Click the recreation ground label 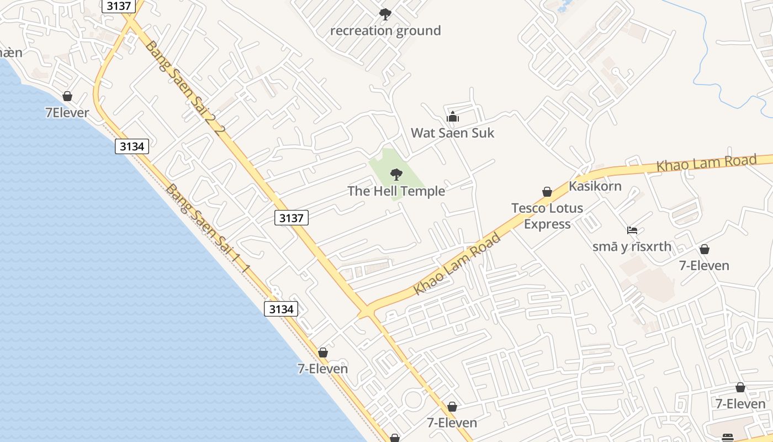pyautogui.click(x=385, y=31)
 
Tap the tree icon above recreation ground pyautogui.click(x=385, y=14)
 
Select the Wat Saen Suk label pyautogui.click(x=453, y=133)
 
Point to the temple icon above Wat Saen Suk pyautogui.click(x=453, y=117)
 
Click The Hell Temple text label pyautogui.click(x=396, y=191)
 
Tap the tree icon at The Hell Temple pyautogui.click(x=396, y=175)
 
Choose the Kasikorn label pyautogui.click(x=595, y=186)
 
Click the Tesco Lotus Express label pyautogui.click(x=547, y=216)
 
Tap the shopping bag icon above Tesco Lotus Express pyautogui.click(x=547, y=192)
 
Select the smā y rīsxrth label pyautogui.click(x=632, y=246)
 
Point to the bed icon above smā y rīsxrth pyautogui.click(x=632, y=230)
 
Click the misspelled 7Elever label pyautogui.click(x=67, y=113)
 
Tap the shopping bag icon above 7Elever pyautogui.click(x=67, y=97)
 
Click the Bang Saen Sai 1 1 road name pyautogui.click(x=208, y=228)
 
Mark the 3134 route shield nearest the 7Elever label pyautogui.click(x=132, y=146)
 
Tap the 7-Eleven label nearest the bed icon pyautogui.click(x=704, y=266)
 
